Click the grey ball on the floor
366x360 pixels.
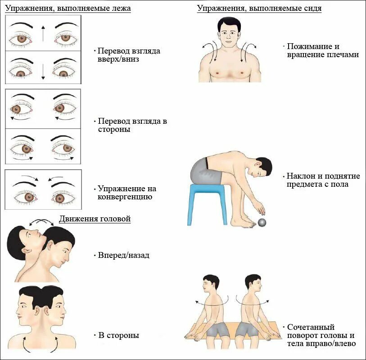(x=261, y=222)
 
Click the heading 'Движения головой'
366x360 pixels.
(x=95, y=219)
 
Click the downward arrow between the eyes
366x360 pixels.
(x=43, y=71)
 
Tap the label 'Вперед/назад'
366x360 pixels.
(x=123, y=255)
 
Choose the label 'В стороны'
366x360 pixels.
(x=118, y=335)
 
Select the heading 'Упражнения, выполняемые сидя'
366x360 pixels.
(x=259, y=9)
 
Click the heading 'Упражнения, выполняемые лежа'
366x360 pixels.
(x=68, y=9)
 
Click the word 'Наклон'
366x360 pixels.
(x=300, y=176)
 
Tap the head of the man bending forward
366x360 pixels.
(x=261, y=170)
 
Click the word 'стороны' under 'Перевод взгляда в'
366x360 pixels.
(x=114, y=129)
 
